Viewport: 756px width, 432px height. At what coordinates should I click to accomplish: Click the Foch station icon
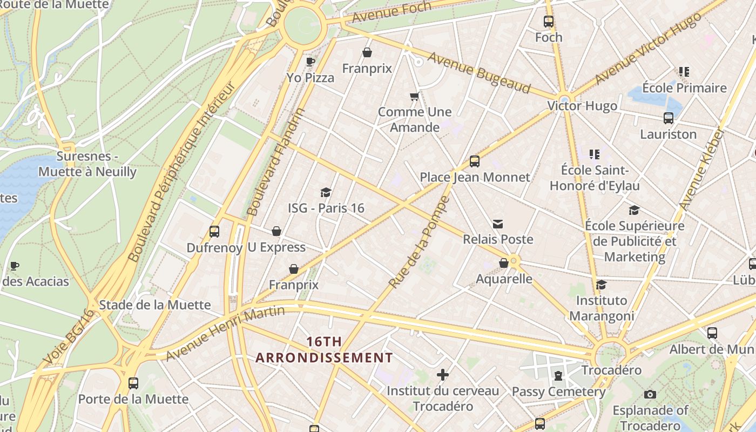pyautogui.click(x=549, y=22)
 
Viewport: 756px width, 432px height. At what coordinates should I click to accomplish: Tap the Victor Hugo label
pyautogui.click(x=582, y=106)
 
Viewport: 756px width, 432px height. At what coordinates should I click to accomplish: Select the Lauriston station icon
pyautogui.click(x=668, y=118)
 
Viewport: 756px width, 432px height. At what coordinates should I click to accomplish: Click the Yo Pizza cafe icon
pyautogui.click(x=310, y=62)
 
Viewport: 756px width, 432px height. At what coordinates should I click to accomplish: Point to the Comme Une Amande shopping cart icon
pyautogui.click(x=414, y=97)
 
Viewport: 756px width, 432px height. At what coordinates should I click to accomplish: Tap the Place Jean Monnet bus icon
pyautogui.click(x=475, y=161)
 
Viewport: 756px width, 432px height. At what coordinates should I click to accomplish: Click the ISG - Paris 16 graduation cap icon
pyautogui.click(x=326, y=192)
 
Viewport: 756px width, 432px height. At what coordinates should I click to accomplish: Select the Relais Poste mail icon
pyautogui.click(x=497, y=224)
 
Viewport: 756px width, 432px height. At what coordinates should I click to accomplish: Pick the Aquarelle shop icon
pyautogui.click(x=504, y=263)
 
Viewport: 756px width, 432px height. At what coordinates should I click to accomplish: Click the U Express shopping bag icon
pyautogui.click(x=276, y=231)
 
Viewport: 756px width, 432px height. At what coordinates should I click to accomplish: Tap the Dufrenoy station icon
pyautogui.click(x=214, y=232)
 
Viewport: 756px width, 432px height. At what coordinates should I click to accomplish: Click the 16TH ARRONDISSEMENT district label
pyautogui.click(x=324, y=349)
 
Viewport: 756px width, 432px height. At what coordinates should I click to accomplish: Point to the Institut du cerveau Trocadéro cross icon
pyautogui.click(x=443, y=374)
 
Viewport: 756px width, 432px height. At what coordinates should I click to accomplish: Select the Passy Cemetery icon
pyautogui.click(x=558, y=375)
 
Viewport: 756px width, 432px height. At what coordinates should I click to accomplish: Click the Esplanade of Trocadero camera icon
pyautogui.click(x=650, y=394)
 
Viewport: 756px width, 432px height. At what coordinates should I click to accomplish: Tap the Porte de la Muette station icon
pyautogui.click(x=133, y=383)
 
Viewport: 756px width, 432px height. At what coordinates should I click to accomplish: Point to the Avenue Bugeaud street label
pyautogui.click(x=479, y=72)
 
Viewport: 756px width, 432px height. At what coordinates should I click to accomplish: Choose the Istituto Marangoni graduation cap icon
pyautogui.click(x=601, y=285)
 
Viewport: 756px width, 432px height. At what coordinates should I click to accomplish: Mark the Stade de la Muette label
pyautogui.click(x=155, y=305)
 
